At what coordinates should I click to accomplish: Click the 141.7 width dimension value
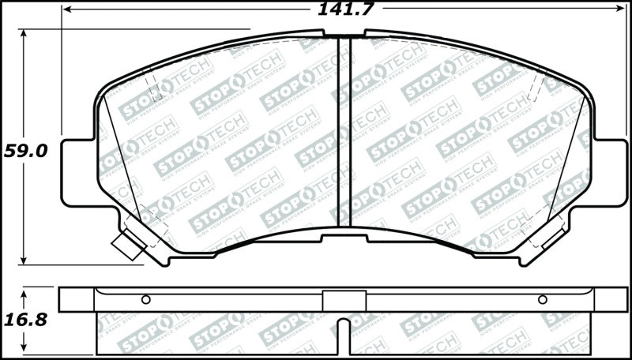pos(345,9)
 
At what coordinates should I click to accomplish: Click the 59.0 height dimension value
pos(24,151)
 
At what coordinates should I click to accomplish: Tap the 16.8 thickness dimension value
pos(24,320)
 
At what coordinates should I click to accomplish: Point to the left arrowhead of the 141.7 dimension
pos(66,9)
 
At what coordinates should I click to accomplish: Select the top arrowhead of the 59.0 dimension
pos(24,34)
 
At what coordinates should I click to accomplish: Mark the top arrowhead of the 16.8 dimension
pos(24,292)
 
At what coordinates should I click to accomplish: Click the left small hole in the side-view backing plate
pos(145,299)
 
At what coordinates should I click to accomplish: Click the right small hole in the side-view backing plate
pos(542,299)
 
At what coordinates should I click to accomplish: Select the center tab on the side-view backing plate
pos(344,300)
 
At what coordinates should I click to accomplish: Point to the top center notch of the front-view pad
pos(344,34)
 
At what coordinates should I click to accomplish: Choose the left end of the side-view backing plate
pos(77,299)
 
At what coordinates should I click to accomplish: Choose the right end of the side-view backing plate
pos(615,299)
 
